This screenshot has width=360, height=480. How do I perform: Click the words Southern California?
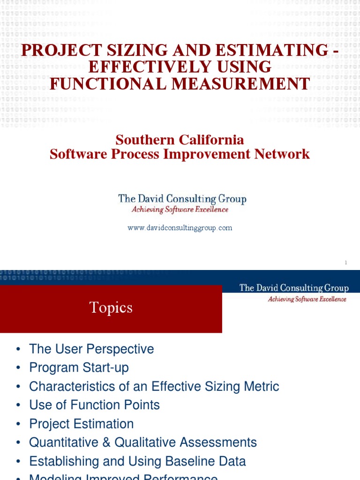tap(180, 140)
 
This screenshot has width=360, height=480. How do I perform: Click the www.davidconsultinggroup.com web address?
tap(180, 228)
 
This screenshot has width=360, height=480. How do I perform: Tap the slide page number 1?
tap(345, 263)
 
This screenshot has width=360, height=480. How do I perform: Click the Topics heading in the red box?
tap(111, 307)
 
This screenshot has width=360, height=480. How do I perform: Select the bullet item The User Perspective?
tap(91, 349)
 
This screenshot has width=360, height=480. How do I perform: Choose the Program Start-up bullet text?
tap(79, 368)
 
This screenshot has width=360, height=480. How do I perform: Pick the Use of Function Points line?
tap(94, 405)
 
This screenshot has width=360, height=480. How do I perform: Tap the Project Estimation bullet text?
tap(81, 424)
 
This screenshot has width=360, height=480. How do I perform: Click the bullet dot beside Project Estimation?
tap(18, 424)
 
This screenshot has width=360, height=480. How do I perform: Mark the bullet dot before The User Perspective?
tap(18, 350)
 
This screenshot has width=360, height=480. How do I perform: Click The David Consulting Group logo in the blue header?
tap(293, 288)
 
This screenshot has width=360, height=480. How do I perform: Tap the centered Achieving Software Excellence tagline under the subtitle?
tap(180, 210)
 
